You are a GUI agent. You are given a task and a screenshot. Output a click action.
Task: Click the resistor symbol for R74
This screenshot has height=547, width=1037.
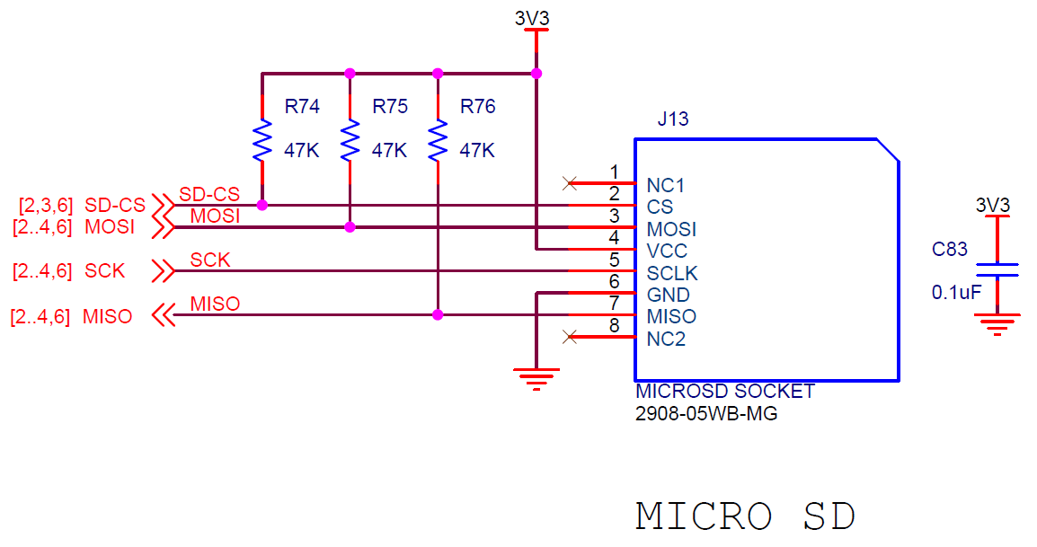click(x=261, y=140)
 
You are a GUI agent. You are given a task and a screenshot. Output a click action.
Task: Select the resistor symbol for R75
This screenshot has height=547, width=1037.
click(x=350, y=140)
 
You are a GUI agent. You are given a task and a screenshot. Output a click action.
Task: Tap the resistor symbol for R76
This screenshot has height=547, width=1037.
click(x=438, y=140)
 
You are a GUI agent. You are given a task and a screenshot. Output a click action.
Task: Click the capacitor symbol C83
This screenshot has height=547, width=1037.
click(x=997, y=270)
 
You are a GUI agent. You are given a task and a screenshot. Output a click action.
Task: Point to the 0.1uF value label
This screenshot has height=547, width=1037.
click(x=956, y=292)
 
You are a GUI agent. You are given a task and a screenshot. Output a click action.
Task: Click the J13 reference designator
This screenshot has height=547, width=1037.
click(x=673, y=119)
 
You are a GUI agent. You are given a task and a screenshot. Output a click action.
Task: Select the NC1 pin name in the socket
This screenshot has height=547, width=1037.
click(x=666, y=186)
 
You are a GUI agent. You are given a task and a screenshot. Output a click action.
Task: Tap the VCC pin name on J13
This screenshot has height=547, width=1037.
click(x=667, y=251)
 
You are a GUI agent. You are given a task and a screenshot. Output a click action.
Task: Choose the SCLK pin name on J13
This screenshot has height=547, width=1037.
click(x=672, y=273)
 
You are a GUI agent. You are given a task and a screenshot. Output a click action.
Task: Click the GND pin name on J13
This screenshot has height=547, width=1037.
click(x=669, y=295)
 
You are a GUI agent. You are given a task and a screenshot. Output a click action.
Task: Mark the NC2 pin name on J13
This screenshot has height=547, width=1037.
click(x=666, y=339)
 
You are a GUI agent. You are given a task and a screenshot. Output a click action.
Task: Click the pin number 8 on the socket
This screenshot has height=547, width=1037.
click(x=615, y=325)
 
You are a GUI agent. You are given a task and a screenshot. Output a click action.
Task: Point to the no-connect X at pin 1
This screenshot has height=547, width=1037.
click(x=568, y=183)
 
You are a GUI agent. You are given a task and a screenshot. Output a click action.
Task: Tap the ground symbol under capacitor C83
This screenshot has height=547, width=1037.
click(x=997, y=323)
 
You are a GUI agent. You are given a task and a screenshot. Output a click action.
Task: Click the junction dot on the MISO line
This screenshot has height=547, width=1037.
click(x=438, y=314)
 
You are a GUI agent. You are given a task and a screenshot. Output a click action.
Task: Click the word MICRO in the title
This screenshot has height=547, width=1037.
click(x=704, y=516)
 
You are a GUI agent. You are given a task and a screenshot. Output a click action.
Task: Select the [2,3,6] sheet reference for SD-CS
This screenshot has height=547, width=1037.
click(x=47, y=205)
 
